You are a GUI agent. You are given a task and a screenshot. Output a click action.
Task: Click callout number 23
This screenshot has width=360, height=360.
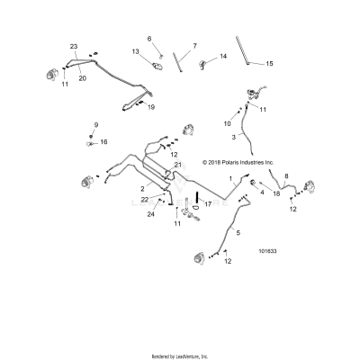[x=74, y=46]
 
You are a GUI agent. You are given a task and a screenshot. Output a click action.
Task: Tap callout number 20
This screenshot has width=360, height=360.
[x=82, y=78]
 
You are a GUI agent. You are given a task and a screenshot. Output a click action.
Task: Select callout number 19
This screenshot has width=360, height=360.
[x=151, y=107]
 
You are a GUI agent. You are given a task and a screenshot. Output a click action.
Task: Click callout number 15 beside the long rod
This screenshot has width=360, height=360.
[x=268, y=63]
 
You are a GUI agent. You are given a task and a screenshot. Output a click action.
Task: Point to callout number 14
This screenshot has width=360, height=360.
[x=223, y=56]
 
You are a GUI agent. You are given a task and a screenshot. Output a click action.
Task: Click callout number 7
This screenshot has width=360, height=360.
[x=193, y=44]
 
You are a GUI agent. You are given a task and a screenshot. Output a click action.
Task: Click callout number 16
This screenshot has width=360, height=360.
[x=103, y=141]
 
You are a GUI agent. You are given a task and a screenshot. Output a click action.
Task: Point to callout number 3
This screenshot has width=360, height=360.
[x=234, y=136]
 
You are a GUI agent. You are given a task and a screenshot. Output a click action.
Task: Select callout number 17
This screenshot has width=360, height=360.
[x=208, y=204]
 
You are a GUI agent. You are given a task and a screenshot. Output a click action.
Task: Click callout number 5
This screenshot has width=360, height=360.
[x=238, y=232]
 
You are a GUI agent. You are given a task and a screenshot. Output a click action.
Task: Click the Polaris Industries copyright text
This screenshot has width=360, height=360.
[x=245, y=163]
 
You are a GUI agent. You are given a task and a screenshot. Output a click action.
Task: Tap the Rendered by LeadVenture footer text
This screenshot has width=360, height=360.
[x=180, y=355]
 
